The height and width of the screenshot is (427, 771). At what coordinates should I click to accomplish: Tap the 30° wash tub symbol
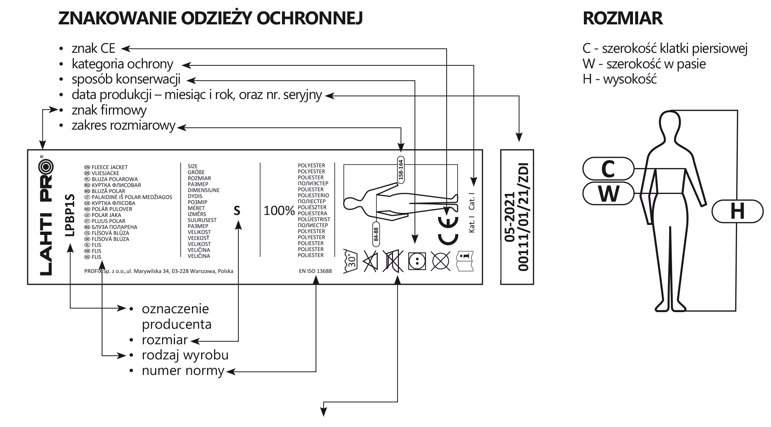click(351, 261)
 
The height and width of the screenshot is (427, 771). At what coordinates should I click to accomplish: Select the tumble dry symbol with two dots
click(417, 261)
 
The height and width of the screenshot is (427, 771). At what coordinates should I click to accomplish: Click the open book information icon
click(465, 261)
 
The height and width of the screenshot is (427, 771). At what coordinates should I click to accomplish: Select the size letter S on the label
click(237, 211)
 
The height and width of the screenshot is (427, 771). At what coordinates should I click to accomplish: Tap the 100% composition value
click(279, 211)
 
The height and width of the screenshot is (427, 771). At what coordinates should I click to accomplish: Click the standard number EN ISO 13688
click(315, 271)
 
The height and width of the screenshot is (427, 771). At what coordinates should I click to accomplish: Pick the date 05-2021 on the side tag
click(509, 217)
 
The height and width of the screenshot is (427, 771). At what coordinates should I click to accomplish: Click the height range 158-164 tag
click(400, 170)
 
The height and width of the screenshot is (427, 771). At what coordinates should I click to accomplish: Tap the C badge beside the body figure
click(608, 169)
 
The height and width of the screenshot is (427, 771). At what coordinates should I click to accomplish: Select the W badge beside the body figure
click(608, 194)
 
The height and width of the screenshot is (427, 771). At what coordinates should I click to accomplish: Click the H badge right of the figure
click(737, 212)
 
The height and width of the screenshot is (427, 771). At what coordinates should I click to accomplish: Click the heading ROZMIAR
click(623, 18)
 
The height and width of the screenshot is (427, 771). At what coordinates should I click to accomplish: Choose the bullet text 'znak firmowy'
click(109, 110)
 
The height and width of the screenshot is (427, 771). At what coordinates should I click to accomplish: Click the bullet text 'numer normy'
click(183, 370)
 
